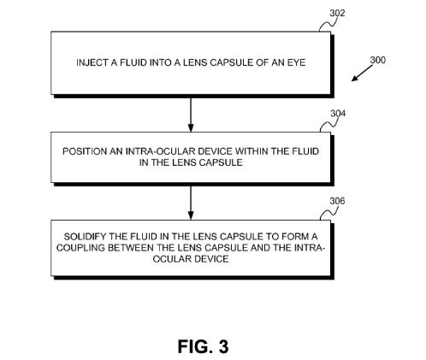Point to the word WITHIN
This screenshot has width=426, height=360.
click(x=251, y=151)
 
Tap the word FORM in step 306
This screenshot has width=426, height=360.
click(x=295, y=236)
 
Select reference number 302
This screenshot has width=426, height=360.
click(x=337, y=13)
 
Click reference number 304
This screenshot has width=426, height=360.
click(x=338, y=113)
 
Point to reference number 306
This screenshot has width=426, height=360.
click(x=337, y=201)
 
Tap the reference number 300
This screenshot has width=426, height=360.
click(x=378, y=60)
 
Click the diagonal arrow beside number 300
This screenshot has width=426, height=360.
click(x=362, y=74)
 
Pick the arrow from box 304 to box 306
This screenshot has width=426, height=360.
click(x=191, y=202)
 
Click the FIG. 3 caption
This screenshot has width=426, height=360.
click(x=204, y=346)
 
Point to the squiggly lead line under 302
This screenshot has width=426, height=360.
click(x=328, y=24)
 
